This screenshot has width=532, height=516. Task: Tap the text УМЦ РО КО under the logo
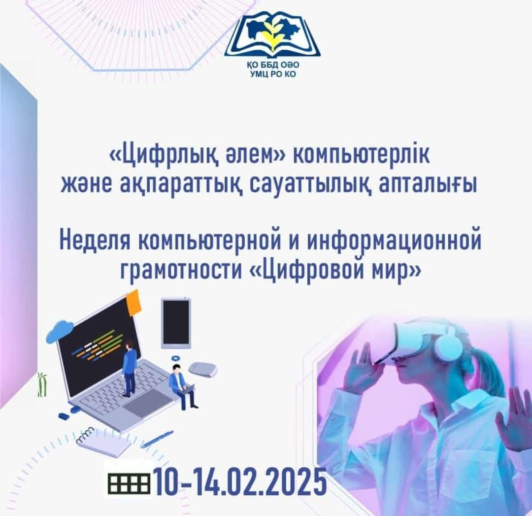(272, 75)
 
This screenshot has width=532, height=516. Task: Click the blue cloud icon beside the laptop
(60, 331)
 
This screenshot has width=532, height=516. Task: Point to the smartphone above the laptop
(176, 320)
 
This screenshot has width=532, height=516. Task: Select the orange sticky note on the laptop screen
(133, 301)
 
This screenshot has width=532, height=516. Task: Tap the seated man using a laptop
(180, 387)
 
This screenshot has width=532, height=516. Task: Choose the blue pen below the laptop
(157, 438)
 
